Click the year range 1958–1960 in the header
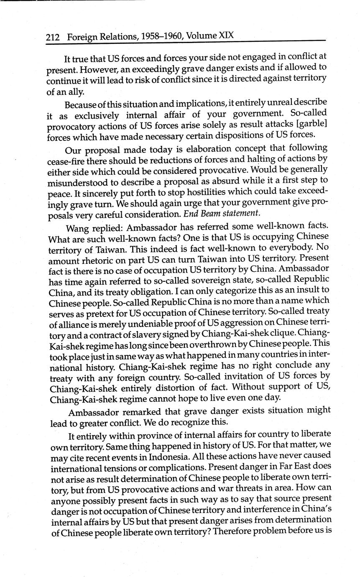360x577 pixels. pyautogui.click(x=160, y=37)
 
